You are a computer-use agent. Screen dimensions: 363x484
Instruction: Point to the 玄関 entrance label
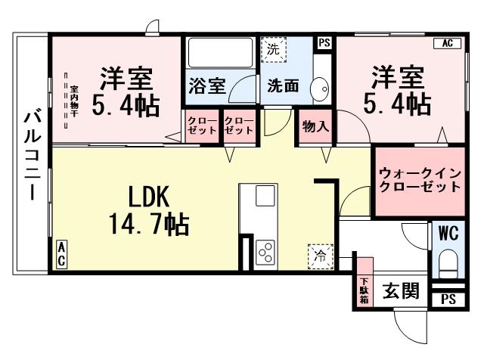coord(399,291)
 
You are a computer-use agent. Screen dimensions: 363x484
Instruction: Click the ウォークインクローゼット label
coord(419,179)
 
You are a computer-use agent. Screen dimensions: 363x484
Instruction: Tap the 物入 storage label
coord(315,126)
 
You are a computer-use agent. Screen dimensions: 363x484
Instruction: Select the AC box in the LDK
coord(60,253)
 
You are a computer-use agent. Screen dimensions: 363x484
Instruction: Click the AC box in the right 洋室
coord(446,43)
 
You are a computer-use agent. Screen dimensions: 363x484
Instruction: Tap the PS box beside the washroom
coord(324,42)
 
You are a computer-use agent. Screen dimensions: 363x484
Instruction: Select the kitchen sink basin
coord(265,195)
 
